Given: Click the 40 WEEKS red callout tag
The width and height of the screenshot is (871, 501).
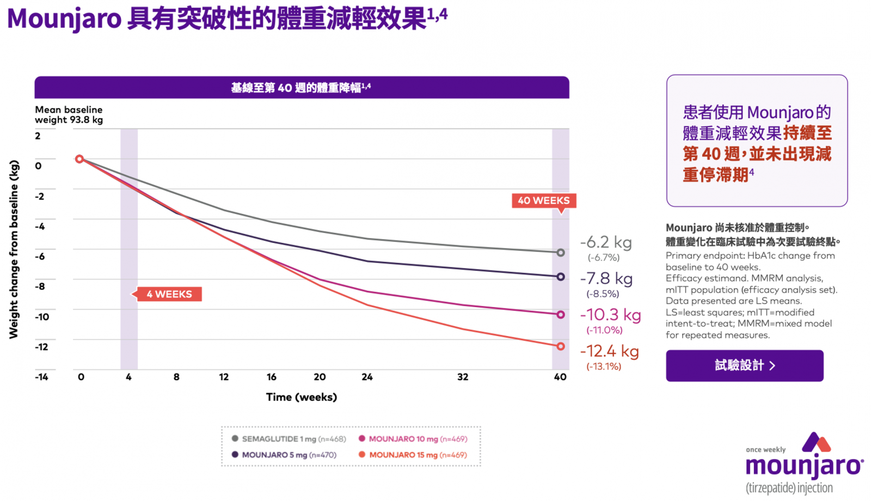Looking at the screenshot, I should click(x=543, y=200).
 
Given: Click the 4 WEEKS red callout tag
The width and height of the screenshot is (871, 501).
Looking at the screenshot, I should click(x=169, y=294).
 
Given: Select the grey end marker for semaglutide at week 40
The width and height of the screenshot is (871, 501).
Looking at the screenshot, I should click(x=560, y=253).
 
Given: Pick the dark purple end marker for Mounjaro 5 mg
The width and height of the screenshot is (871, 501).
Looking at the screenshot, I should click(x=560, y=277).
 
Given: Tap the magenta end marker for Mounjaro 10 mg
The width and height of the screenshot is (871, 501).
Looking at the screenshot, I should click(x=560, y=315).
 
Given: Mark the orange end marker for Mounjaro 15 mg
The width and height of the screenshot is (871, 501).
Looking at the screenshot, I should click(x=560, y=346).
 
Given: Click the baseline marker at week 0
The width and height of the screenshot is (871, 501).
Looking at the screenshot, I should click(x=79, y=159).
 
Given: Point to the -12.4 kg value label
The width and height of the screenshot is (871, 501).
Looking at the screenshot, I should click(x=609, y=351).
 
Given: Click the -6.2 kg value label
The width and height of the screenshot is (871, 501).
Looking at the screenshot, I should click(x=606, y=242).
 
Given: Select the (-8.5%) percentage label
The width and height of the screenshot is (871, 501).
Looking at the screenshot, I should click(x=603, y=294).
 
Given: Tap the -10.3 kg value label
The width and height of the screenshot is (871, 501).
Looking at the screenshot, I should click(x=610, y=315).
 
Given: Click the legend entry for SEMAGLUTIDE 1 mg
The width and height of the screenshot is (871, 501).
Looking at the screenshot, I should click(x=289, y=439).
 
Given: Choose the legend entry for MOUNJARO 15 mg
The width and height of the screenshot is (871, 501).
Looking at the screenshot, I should click(x=413, y=455).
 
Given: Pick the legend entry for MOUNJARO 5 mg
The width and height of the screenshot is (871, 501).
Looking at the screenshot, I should click(x=284, y=455).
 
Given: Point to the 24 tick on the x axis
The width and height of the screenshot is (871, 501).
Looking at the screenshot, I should click(x=367, y=377).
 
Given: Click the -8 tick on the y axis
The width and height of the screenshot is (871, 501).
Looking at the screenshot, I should click(x=40, y=286).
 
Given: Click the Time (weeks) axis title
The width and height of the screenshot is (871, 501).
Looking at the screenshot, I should click(x=301, y=397).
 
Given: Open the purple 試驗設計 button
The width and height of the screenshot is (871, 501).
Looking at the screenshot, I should click(x=744, y=365).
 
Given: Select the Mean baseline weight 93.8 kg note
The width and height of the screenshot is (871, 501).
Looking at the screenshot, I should click(x=69, y=115).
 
